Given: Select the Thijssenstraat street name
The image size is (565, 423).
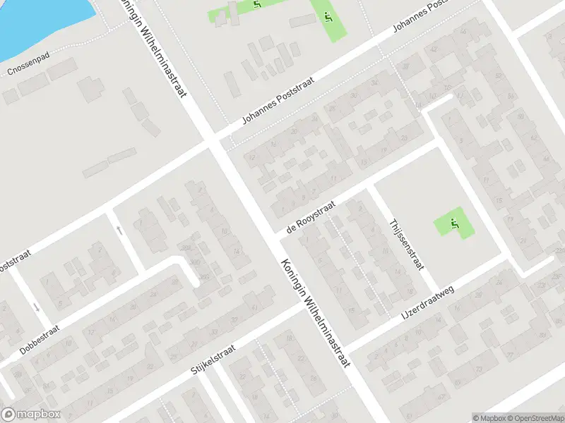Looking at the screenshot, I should click(x=405, y=243).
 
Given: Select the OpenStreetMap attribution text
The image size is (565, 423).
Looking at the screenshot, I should click(x=534, y=417).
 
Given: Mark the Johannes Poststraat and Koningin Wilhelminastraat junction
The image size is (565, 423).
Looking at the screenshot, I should click(x=213, y=140).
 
